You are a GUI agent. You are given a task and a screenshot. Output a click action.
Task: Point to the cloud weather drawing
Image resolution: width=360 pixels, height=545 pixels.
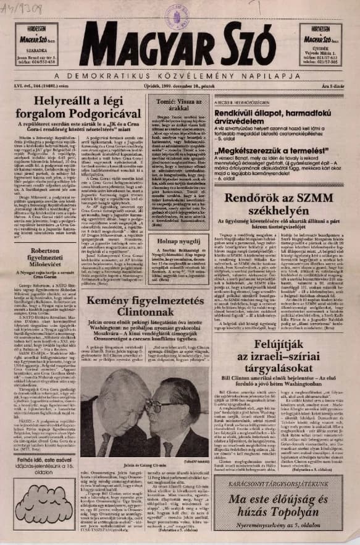38,509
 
